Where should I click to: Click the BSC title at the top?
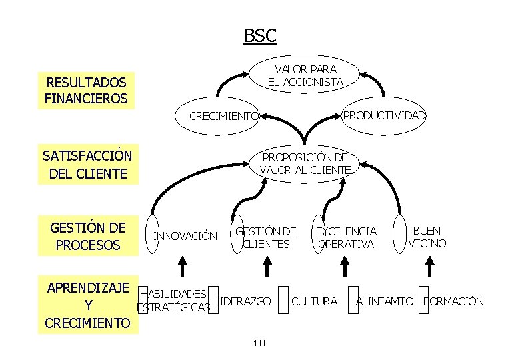(x=260, y=36)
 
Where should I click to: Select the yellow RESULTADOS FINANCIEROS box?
(x=85, y=91)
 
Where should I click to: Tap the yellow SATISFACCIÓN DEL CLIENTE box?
(x=87, y=165)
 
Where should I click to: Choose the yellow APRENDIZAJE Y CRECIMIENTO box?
(x=87, y=305)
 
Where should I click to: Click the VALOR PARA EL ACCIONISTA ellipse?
(x=305, y=75)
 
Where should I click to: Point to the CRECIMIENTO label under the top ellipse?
(x=224, y=116)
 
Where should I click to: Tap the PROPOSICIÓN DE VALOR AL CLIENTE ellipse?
(x=305, y=163)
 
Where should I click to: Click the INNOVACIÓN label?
(x=185, y=235)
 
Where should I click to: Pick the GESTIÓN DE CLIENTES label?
(x=266, y=237)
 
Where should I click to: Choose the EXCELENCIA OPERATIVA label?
(x=345, y=237)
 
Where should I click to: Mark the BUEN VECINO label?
(x=427, y=237)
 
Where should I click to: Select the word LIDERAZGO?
(x=244, y=301)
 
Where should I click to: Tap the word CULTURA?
(x=315, y=301)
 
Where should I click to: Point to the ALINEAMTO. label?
(x=386, y=301)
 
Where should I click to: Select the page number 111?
(x=260, y=343)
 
